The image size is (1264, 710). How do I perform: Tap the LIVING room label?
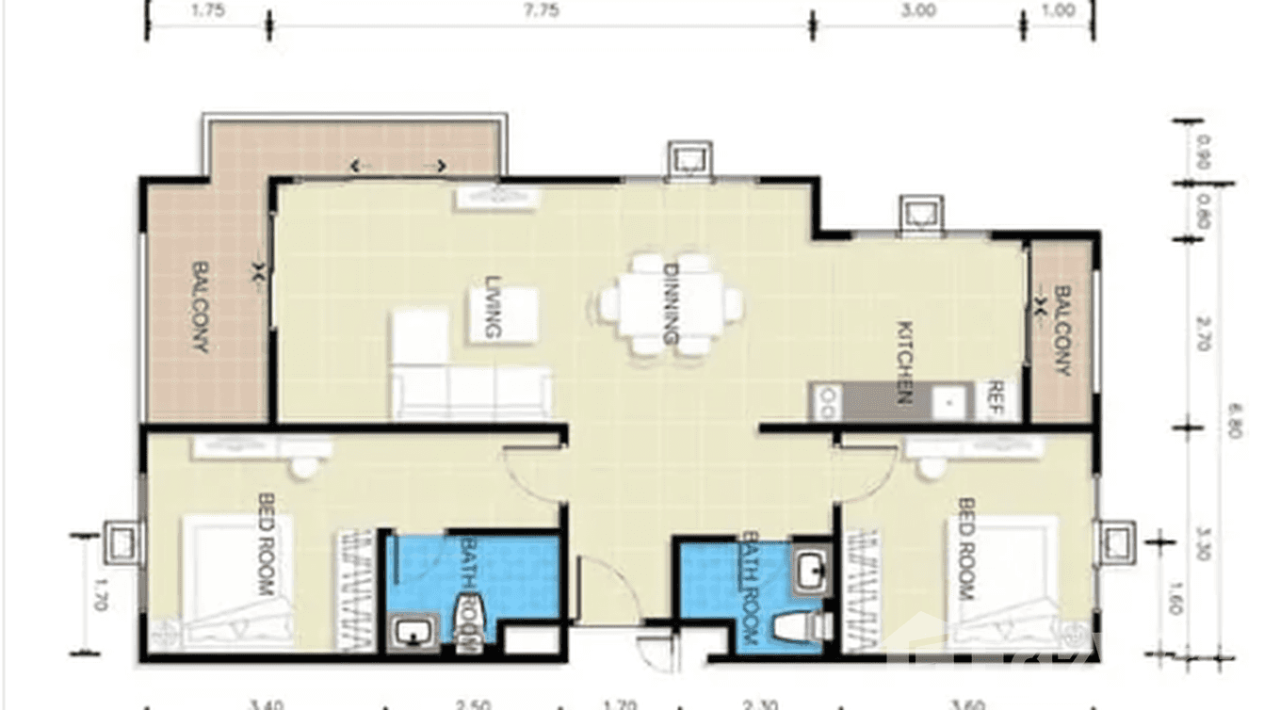tap(492, 307)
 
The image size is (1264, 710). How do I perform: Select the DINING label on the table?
tap(672, 303)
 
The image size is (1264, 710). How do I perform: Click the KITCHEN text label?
tap(903, 363)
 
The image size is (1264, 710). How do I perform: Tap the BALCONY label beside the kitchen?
tap(1062, 330)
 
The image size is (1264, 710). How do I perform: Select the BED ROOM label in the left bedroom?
tap(265, 545)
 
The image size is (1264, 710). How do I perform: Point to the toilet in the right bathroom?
tap(797, 625)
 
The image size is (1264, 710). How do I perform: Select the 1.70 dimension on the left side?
tap(101, 595)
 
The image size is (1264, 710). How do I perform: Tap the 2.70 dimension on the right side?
tap(1202, 333)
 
